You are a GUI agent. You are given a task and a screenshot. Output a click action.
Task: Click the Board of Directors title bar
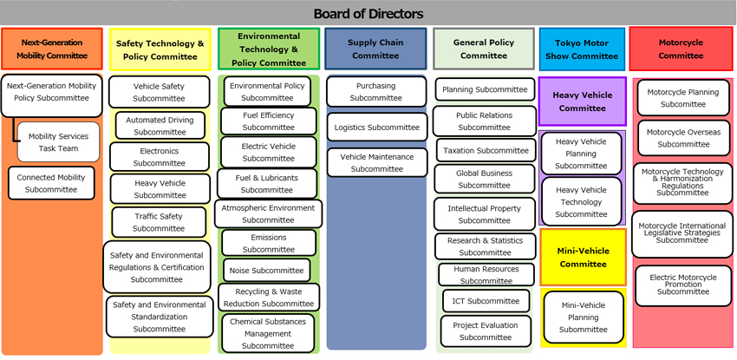click(368, 13)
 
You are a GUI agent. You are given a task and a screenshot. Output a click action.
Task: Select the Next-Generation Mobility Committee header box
click(54, 49)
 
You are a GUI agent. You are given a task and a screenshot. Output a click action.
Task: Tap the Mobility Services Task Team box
click(58, 142)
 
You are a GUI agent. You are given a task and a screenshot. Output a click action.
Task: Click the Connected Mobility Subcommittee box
click(51, 182)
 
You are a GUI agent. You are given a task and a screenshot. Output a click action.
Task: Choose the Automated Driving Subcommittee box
click(160, 126)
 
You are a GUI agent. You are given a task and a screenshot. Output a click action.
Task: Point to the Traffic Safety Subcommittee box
click(159, 222)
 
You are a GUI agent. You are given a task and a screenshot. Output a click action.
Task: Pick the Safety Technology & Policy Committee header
click(160, 49)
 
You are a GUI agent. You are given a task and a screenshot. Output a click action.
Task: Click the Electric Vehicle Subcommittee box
click(268, 152)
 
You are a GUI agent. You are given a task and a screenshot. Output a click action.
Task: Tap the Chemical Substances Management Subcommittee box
click(268, 333)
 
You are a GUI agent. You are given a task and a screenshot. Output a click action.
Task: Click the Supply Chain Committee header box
click(376, 49)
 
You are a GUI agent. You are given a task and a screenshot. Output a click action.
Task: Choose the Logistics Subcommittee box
click(376, 128)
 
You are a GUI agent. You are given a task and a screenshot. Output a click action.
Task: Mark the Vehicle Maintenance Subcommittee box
click(376, 162)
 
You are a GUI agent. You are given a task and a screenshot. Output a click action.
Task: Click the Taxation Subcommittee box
click(484, 150)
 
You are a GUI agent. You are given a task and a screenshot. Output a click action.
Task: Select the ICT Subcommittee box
click(484, 301)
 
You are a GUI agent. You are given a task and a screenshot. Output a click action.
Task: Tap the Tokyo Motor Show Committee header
click(582, 49)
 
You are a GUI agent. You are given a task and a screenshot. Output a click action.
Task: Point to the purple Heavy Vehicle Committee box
click(582, 102)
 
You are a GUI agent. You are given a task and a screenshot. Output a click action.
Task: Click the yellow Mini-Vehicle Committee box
click(582, 258)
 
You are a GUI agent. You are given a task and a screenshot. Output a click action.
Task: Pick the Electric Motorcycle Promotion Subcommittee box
click(683, 285)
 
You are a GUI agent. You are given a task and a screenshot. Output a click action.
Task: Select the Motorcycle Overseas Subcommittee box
click(683, 138)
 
